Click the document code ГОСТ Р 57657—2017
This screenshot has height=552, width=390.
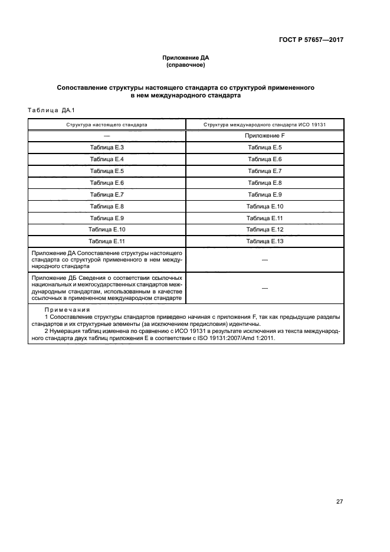coord(311,40)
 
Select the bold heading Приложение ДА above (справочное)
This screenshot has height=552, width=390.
coord(186,58)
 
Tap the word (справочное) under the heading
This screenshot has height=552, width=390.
coord(186,65)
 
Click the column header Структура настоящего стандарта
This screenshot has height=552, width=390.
coord(107,125)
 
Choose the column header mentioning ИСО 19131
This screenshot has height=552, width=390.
coord(265,125)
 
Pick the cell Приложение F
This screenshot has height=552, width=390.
coord(265,136)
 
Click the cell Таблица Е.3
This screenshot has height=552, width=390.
coord(107,148)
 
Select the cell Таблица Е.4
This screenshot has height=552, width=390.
coord(107,159)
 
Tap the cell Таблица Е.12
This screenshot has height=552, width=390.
coord(265,229)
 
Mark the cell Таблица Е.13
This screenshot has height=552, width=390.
coord(265,241)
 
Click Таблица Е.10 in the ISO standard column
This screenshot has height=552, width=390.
coord(265,206)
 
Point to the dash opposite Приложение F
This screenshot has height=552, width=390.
coord(107,136)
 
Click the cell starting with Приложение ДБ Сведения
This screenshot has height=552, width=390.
coord(107,288)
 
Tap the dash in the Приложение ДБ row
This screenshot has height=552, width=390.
coord(265,288)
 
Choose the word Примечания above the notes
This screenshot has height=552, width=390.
coord(63,310)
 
